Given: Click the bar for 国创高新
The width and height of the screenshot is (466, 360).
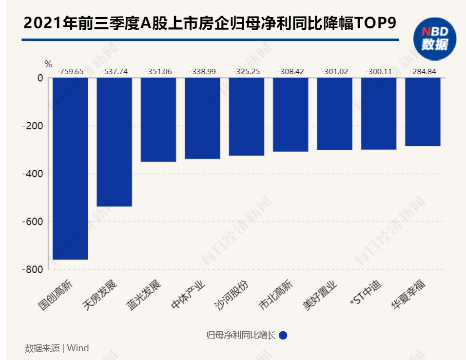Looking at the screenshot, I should [70, 168].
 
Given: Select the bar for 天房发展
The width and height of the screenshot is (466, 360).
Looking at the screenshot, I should [114, 142].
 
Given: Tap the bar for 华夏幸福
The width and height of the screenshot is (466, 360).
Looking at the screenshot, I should [423, 112].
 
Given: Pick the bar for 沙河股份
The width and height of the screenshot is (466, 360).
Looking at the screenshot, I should [246, 117].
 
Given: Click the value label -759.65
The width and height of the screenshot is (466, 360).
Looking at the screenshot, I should [70, 71].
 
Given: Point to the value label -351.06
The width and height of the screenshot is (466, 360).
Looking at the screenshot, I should [158, 71].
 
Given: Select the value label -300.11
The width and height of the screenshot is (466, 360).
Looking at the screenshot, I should [378, 71].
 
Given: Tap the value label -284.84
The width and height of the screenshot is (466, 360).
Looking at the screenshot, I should [423, 71].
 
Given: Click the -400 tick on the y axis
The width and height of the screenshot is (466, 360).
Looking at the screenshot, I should [33, 174].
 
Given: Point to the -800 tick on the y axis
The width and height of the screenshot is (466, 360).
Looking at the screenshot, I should [33, 269].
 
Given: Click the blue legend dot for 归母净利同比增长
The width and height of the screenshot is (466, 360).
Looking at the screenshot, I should [283, 336].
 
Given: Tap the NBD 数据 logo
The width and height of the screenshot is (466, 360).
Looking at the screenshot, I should [435, 39].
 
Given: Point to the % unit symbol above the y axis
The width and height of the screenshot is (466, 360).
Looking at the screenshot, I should [48, 64].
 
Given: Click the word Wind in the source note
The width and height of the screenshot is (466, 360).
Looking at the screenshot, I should [78, 348].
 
